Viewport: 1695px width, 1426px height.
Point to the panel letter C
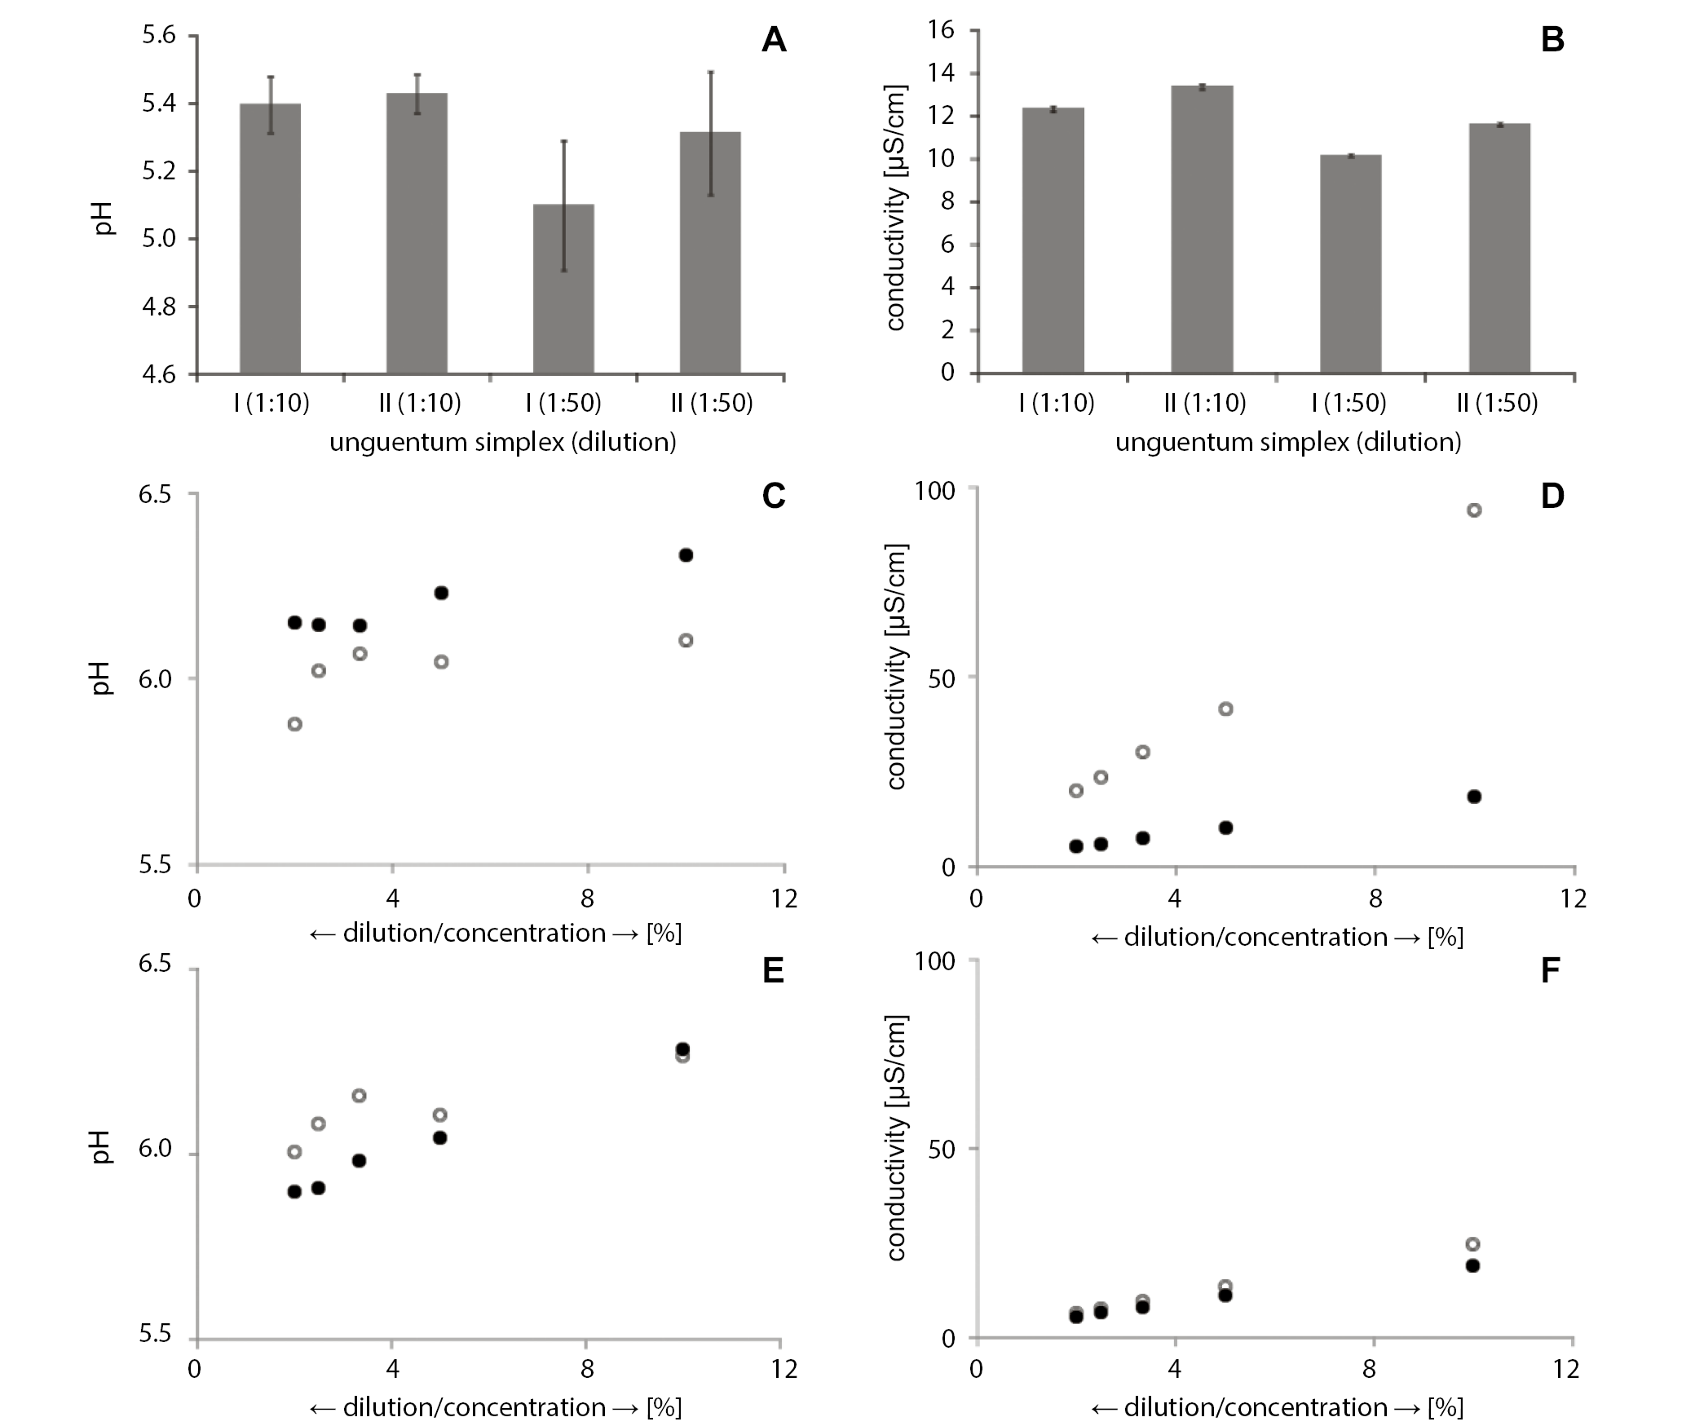[773, 496]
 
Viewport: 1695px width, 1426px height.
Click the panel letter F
[1552, 970]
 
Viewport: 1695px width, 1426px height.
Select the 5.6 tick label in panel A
[158, 36]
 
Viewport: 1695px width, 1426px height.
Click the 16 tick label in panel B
[940, 30]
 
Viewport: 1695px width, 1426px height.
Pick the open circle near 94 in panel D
[1474, 510]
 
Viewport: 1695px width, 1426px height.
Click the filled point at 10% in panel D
[1474, 797]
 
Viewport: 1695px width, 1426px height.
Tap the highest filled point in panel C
[686, 555]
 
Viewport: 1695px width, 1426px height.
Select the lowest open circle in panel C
[295, 724]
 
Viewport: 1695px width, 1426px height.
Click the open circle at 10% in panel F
[1472, 1244]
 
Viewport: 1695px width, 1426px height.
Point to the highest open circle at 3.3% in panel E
[359, 1096]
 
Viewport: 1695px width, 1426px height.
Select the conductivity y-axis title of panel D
[896, 666]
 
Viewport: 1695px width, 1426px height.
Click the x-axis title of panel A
[502, 442]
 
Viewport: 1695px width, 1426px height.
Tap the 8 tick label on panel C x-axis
[587, 899]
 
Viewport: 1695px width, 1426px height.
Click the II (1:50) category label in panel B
[1498, 403]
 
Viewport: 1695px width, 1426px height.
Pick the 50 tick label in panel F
[942, 1149]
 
